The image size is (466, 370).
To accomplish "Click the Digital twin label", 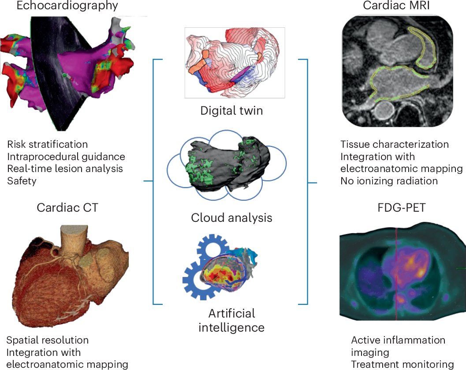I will point(231,110).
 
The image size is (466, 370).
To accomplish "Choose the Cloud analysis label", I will point(231,217).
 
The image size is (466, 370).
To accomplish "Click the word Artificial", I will point(231,314).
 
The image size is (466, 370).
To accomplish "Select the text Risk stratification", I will point(48,145).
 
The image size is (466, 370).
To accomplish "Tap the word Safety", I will point(22,181).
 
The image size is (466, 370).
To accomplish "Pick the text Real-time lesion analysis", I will point(65,169).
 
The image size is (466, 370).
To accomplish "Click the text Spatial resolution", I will point(48,340).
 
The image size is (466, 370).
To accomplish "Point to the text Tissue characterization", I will point(395,145).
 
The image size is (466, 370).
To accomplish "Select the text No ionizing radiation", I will point(389,181).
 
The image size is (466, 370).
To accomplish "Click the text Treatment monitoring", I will point(402,364).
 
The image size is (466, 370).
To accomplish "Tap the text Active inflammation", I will point(398,340).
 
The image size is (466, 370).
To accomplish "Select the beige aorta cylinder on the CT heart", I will point(72,238).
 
